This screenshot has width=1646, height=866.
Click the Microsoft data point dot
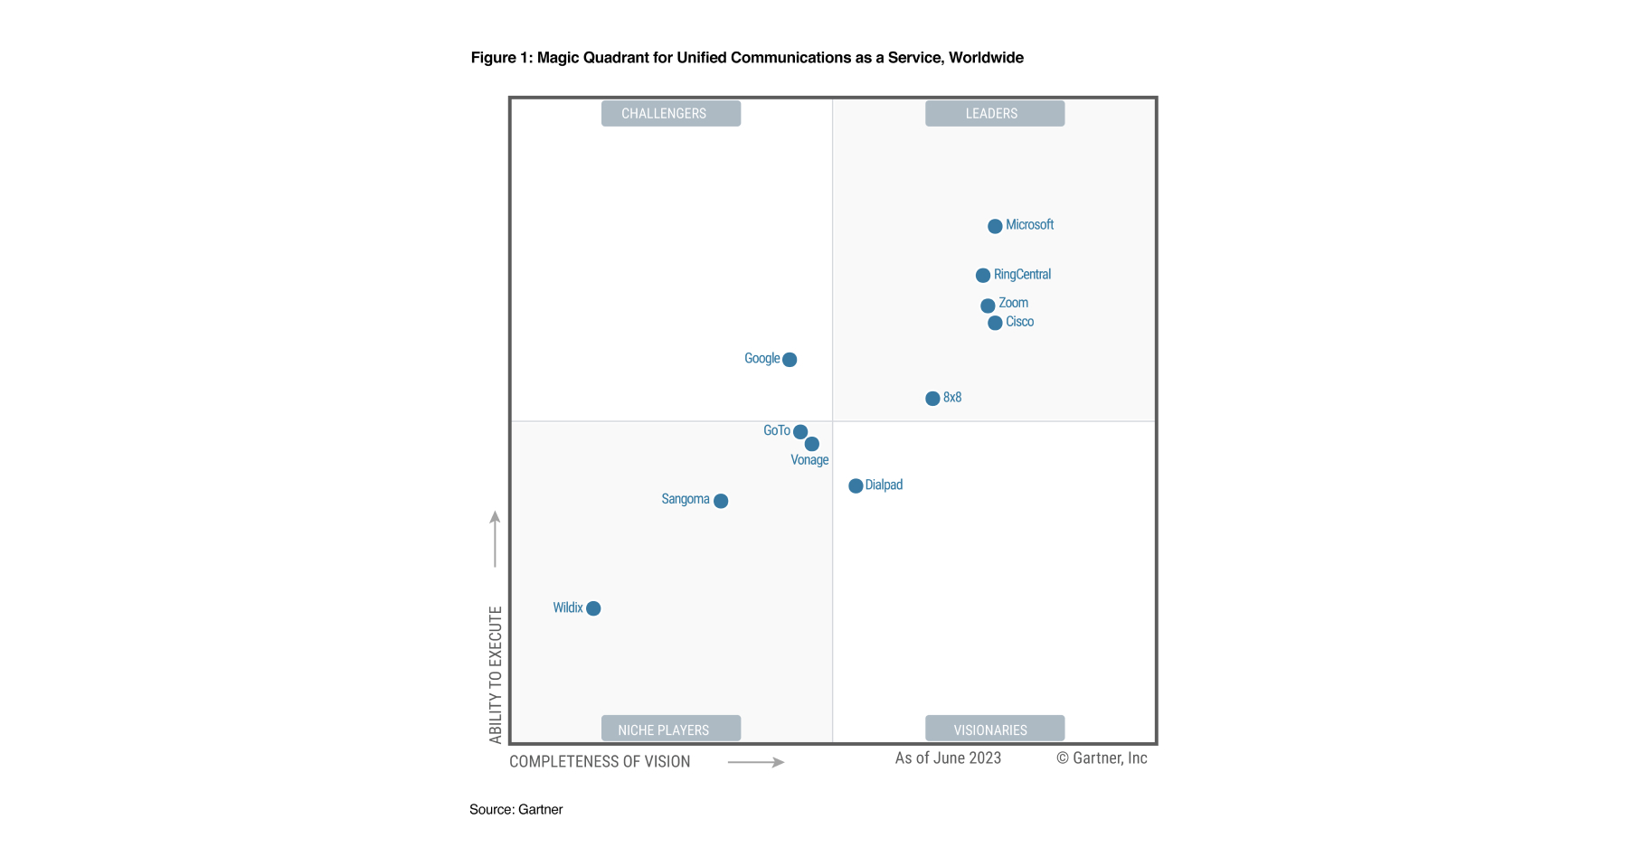[x=995, y=226]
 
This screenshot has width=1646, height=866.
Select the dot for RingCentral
[x=983, y=276]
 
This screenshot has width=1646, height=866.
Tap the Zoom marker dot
[x=988, y=306]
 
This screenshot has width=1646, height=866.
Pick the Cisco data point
[x=995, y=323]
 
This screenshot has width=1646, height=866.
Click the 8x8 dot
[x=932, y=399]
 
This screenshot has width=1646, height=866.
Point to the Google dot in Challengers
[x=790, y=360]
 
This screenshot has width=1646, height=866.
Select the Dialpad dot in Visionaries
[x=856, y=486]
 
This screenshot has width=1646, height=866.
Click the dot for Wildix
[x=593, y=608]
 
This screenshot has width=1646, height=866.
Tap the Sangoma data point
[x=721, y=501]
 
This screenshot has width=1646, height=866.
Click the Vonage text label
[x=809, y=460]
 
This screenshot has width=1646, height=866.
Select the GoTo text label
[x=776, y=430]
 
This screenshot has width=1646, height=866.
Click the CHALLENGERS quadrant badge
[x=670, y=114]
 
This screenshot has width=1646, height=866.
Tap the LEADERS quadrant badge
[x=994, y=114]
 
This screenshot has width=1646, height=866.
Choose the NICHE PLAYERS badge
[x=670, y=729]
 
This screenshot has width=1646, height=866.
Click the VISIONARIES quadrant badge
[x=994, y=729]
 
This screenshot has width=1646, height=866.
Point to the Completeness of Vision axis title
[x=600, y=762]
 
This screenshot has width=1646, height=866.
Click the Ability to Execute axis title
[x=496, y=674]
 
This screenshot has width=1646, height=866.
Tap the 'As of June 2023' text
[x=948, y=758]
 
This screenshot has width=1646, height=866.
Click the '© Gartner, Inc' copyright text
[x=1102, y=758]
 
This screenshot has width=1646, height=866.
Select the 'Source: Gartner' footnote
[x=516, y=810]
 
